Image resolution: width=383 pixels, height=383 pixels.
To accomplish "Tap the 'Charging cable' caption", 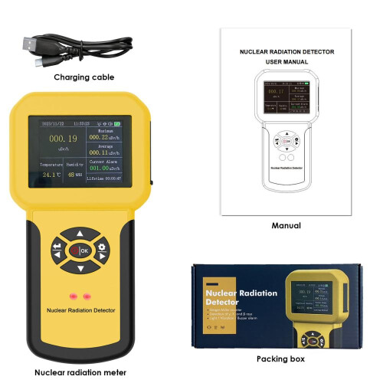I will coord(83,77).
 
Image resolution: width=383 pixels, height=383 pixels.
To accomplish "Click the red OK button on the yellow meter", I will coord(81,250).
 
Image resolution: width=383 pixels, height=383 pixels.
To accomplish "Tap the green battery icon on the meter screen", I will coord(126,123).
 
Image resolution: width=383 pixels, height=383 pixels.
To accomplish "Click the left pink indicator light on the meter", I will coord(74,295).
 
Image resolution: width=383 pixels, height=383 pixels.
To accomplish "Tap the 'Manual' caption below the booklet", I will coord(286,226).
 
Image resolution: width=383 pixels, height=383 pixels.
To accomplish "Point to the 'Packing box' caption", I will coord(280,358).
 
